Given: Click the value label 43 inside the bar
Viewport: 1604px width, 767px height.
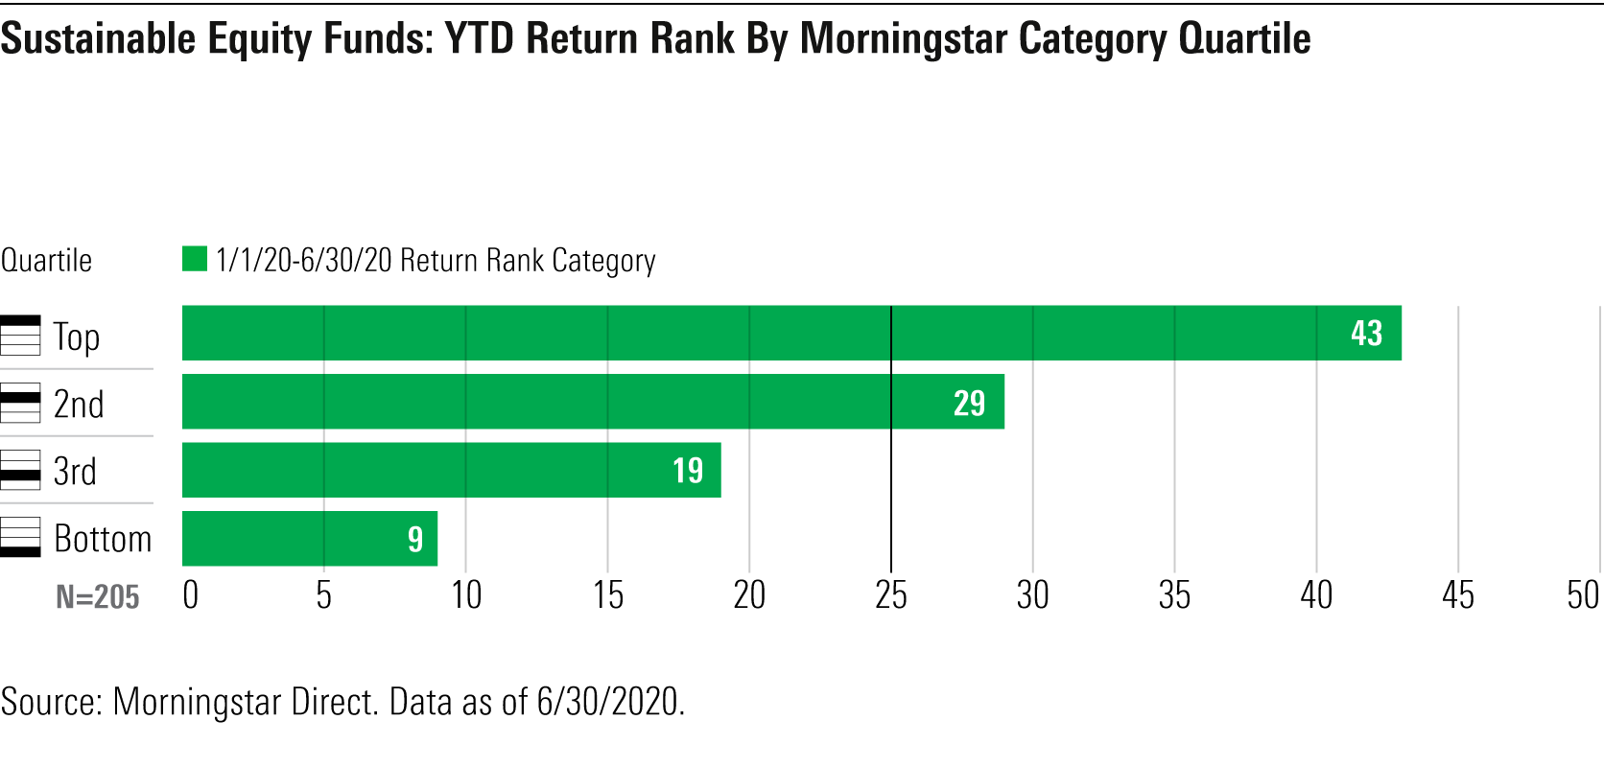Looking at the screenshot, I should pyautogui.click(x=1366, y=333).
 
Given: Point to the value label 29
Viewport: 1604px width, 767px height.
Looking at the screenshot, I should pyautogui.click(x=969, y=403).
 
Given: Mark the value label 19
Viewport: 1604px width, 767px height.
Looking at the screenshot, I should pyautogui.click(x=687, y=470).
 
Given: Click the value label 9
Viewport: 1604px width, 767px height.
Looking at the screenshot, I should pyautogui.click(x=415, y=539).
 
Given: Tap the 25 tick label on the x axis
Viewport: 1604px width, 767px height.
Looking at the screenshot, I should pyautogui.click(x=891, y=595).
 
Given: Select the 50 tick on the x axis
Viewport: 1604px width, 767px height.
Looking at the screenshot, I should pyautogui.click(x=1583, y=595).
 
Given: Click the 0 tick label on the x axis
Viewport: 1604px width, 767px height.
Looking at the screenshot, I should pyautogui.click(x=191, y=595).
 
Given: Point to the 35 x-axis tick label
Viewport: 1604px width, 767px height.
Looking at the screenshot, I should pyautogui.click(x=1174, y=595).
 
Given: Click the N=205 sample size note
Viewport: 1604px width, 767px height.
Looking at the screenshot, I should pyautogui.click(x=98, y=597).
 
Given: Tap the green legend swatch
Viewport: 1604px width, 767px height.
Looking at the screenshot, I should pyautogui.click(x=195, y=259).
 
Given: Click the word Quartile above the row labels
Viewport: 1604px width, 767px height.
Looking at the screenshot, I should pyautogui.click(x=46, y=260).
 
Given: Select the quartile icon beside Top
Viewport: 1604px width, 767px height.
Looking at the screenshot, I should pyautogui.click(x=20, y=336).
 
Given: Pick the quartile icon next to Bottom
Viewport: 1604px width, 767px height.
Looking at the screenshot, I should pyautogui.click(x=20, y=537).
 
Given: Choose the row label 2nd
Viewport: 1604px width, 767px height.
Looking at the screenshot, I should pyautogui.click(x=79, y=404).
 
